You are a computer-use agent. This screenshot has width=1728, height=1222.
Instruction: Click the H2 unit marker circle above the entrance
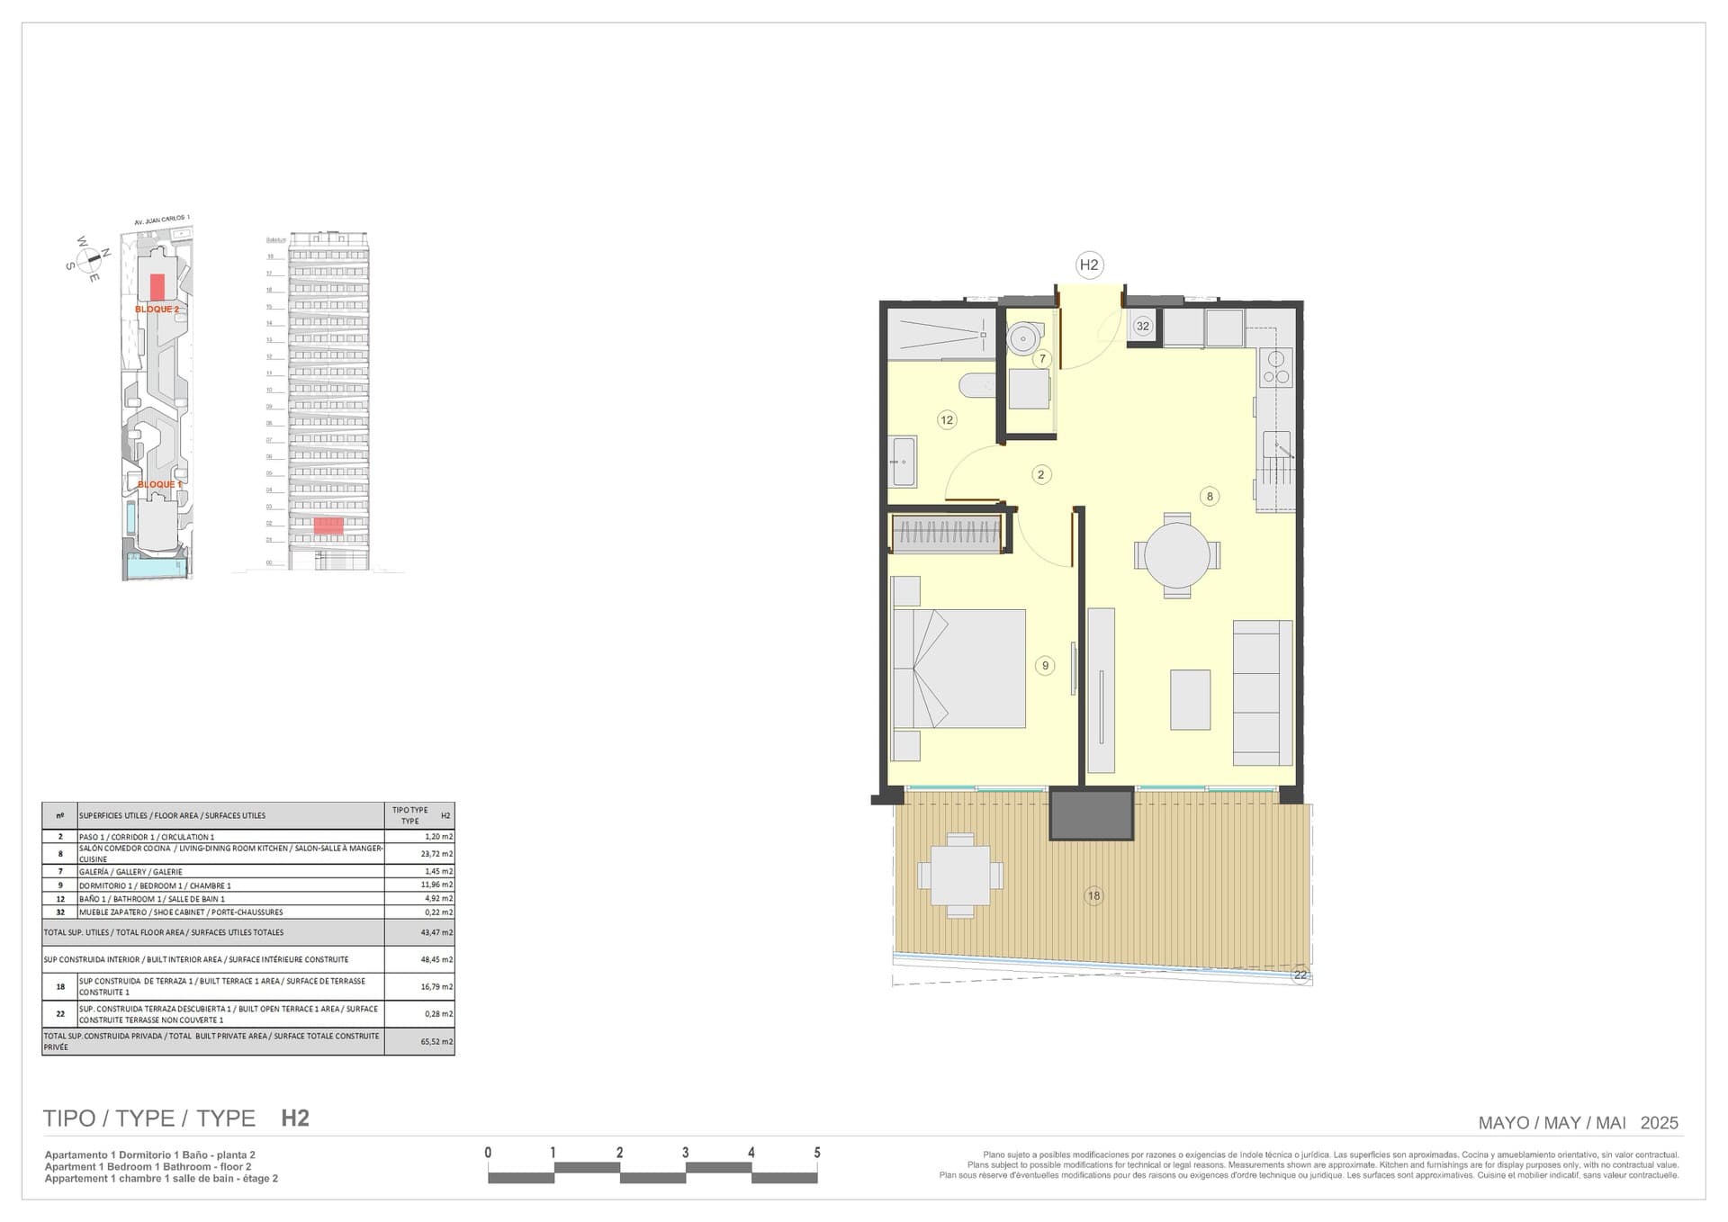click(x=1089, y=265)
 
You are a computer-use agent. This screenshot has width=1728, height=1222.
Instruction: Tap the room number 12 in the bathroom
click(x=946, y=419)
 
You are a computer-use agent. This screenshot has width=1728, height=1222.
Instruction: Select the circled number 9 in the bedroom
click(x=1044, y=666)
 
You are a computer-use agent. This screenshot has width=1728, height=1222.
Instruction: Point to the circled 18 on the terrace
click(x=1093, y=895)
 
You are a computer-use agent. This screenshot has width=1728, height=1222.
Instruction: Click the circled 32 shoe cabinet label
click(x=1142, y=326)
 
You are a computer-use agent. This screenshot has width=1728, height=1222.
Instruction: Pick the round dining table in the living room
click(x=1177, y=554)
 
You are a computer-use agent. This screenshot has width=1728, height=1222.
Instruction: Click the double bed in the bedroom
click(x=959, y=669)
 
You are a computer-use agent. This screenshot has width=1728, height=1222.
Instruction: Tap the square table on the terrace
click(x=960, y=875)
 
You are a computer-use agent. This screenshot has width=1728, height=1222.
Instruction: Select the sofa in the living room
click(x=1262, y=692)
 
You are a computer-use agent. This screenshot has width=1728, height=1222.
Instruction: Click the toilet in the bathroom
click(x=977, y=386)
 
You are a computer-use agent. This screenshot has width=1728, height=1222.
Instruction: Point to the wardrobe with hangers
click(x=947, y=533)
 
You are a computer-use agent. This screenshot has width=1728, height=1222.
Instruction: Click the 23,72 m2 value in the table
click(x=436, y=854)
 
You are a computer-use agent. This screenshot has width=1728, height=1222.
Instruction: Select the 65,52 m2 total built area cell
click(x=436, y=1042)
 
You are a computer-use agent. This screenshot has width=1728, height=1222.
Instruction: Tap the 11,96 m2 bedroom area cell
click(x=436, y=885)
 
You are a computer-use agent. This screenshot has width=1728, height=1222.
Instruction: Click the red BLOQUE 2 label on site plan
click(x=157, y=310)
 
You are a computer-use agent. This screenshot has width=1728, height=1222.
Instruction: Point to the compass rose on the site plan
click(x=89, y=260)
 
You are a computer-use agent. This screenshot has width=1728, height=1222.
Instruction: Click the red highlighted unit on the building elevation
click(x=328, y=526)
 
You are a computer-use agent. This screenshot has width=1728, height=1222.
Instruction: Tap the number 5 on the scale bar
click(x=817, y=1153)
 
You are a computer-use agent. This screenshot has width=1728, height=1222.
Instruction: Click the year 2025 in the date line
click(x=1659, y=1123)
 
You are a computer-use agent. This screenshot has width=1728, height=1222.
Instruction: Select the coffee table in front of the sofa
click(x=1190, y=699)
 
